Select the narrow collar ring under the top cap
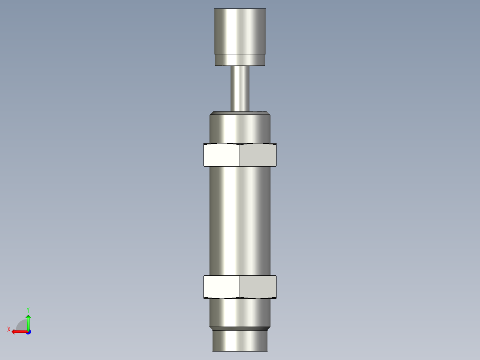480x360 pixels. coord(240,60)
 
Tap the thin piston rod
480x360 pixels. coord(240,88)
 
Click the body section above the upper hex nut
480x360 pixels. coord(240,129)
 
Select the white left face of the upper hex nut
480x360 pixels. coord(222,155)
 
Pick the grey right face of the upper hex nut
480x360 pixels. coord(258,155)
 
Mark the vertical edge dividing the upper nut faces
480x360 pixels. coord(240,155)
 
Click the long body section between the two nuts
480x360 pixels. coord(240,221)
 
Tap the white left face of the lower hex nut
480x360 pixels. coord(222,286)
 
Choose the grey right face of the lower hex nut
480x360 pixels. coord(258,286)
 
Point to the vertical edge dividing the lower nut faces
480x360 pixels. coord(240,286)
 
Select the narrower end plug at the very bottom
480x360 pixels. coord(240,341)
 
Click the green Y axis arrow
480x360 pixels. coord(28,322)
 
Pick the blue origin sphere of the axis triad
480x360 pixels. coord(28,332)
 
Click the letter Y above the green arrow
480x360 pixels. coord(28,309)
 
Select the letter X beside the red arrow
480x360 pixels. coord(8,330)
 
